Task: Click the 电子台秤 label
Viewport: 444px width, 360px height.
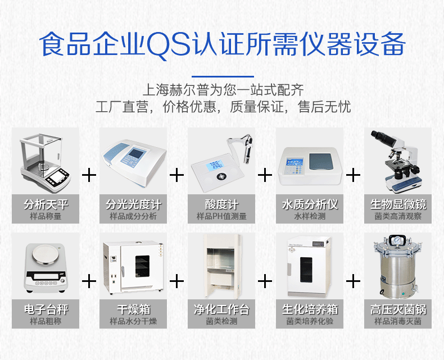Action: click(46, 309)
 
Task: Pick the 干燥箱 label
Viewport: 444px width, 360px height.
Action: click(134, 309)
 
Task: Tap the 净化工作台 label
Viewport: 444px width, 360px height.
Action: click(221, 309)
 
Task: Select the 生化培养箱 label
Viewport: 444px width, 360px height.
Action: click(310, 309)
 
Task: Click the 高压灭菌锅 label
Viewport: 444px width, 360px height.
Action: click(398, 309)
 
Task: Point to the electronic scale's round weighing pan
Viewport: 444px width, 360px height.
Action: click(45, 254)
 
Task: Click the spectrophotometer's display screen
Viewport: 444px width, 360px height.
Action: click(137, 155)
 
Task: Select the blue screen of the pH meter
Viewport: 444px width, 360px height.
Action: click(214, 166)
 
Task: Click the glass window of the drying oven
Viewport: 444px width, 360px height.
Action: click(143, 268)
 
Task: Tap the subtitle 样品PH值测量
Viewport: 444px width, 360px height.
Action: click(221, 216)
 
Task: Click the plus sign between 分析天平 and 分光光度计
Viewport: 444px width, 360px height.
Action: click(89, 175)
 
